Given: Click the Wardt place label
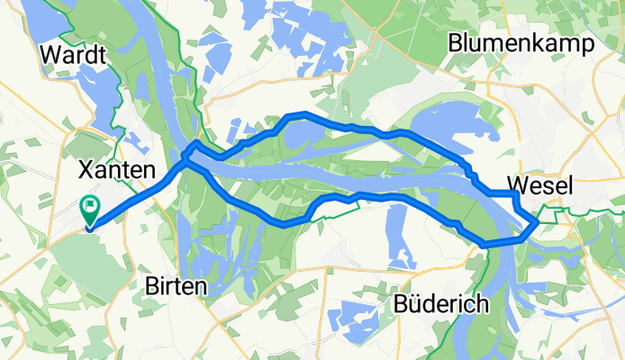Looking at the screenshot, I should tap(74, 55).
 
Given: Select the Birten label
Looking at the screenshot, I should tap(177, 286).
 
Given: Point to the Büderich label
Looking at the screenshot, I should tap(441, 304).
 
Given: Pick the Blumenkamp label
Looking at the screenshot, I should tap(521, 42).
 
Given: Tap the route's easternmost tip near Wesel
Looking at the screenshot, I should tap(538, 219).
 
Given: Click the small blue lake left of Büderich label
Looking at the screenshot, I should tap(351, 317).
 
